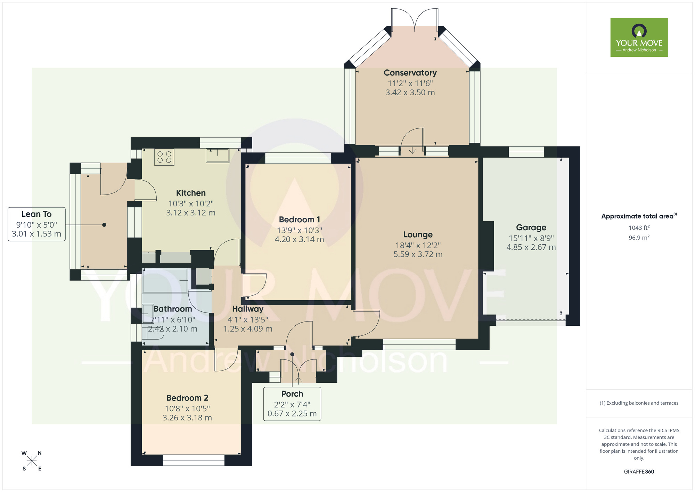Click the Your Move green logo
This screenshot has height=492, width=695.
pyautogui.click(x=639, y=38)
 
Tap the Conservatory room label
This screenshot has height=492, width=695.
pyautogui.click(x=410, y=73)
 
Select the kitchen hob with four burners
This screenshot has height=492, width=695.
pyautogui.click(x=164, y=157)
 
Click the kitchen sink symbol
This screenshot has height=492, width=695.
pyautogui.click(x=218, y=155)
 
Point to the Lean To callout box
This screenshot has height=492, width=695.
pyautogui.click(x=36, y=224)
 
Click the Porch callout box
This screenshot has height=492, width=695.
pyautogui.click(x=292, y=404)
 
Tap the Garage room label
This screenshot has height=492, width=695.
pyautogui.click(x=531, y=228)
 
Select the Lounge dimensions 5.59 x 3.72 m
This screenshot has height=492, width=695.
pyautogui.click(x=418, y=254)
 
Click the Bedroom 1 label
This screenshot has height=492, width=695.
pyautogui.click(x=299, y=220)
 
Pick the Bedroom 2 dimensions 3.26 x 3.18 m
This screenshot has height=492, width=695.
pyautogui.click(x=187, y=418)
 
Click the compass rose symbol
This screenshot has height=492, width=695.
pyautogui.click(x=32, y=461)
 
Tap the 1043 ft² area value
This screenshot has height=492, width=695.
pyautogui.click(x=639, y=228)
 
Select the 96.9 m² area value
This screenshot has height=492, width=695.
pyautogui.click(x=639, y=238)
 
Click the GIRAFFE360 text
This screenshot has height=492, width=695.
pyautogui.click(x=639, y=472)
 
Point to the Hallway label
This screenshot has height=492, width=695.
pyautogui.click(x=248, y=309)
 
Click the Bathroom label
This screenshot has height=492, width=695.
pyautogui.click(x=173, y=309)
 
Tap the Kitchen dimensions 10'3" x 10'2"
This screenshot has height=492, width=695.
pyautogui.click(x=191, y=204)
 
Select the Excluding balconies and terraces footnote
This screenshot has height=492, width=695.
pyautogui.click(x=639, y=403)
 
